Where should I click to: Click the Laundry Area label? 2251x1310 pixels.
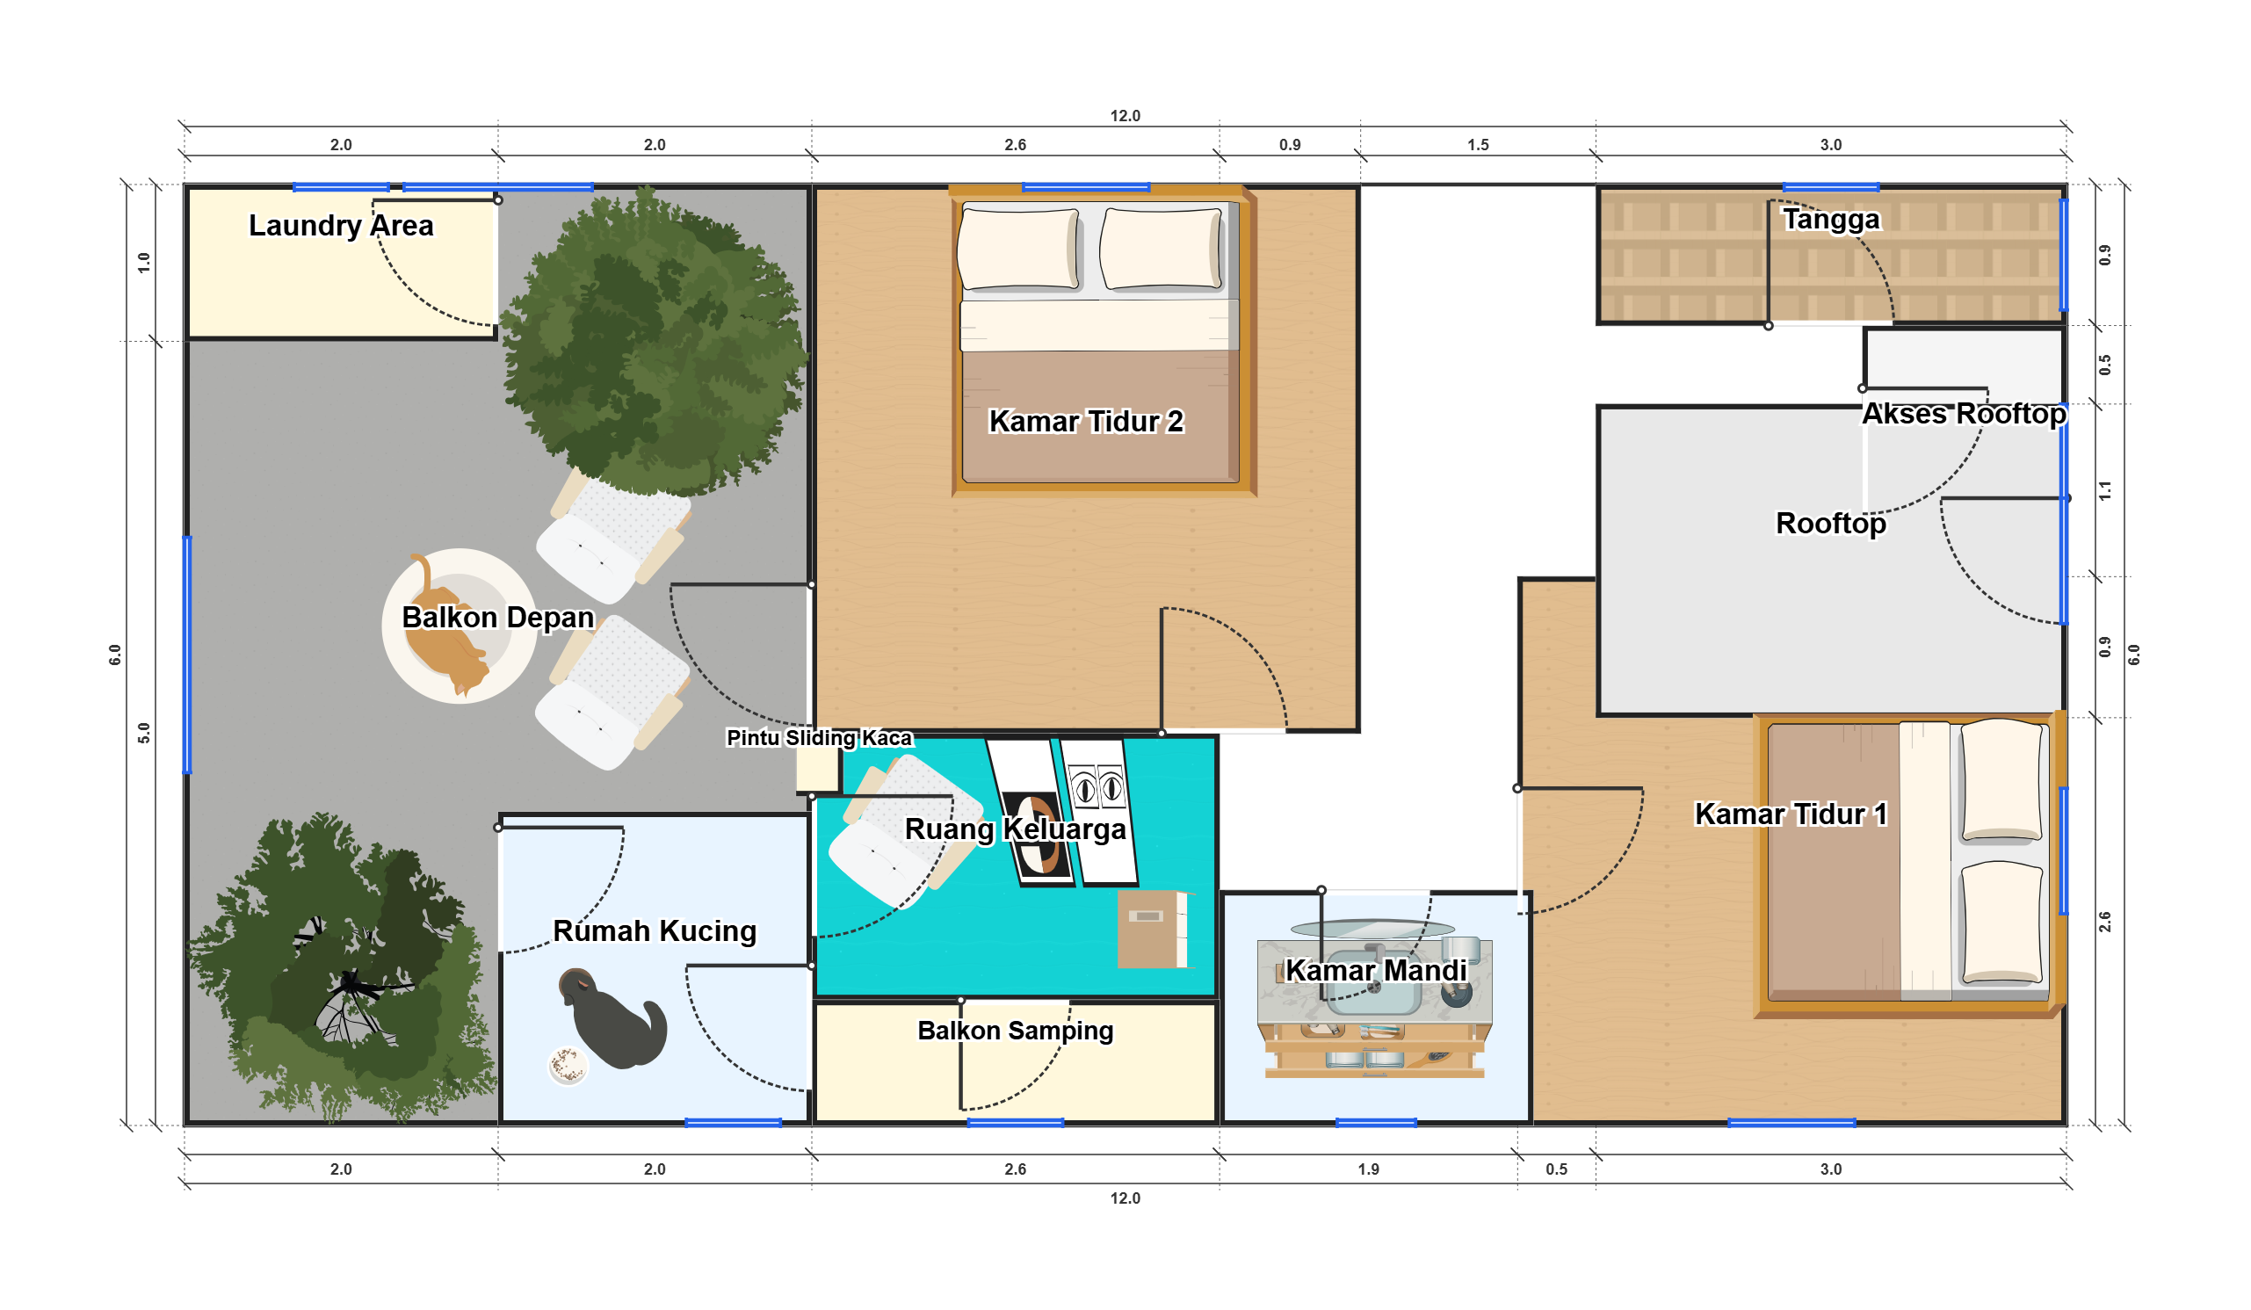340,226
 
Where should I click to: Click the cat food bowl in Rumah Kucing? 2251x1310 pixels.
568,1066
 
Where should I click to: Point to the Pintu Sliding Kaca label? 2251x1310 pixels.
819,738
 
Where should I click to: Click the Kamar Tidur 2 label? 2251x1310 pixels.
1085,421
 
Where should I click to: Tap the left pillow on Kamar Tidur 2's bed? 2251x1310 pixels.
1019,250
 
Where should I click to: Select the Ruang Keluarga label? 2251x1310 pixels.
1015,829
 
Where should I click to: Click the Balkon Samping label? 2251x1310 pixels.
1015,1031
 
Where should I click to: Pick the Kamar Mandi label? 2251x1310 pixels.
1376,970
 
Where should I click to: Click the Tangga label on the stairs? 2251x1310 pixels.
1830,219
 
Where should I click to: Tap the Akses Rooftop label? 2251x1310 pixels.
1964,414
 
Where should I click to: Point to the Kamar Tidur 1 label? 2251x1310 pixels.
1791,814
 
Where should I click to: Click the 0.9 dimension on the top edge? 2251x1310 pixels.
1289,145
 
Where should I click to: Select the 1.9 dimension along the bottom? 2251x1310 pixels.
1368,1169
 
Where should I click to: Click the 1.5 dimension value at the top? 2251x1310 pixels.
1478,145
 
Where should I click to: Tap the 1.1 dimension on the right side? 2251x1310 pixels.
2104,490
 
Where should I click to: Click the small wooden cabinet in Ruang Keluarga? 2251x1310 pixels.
1153,930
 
